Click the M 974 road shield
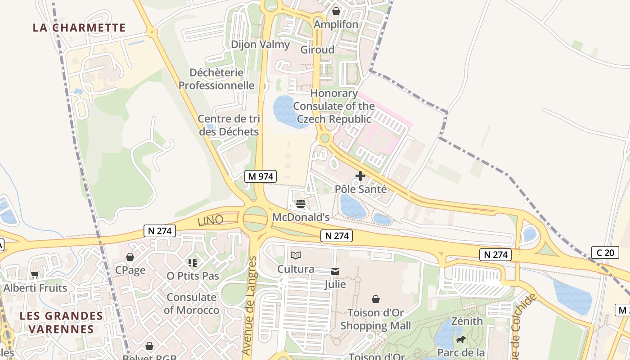260,176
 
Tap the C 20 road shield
605,252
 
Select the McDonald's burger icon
301,204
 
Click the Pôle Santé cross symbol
360,176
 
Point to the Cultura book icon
295,256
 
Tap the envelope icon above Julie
335,271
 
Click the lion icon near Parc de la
460,340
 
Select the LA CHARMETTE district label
79,27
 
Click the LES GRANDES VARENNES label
62,322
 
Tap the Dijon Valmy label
260,45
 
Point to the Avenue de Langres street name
249,305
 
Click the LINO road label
210,220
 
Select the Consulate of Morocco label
191,304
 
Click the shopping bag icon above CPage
130,257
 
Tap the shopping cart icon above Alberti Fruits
35,274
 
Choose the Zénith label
467,321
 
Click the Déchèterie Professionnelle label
216,79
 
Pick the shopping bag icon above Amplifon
336,11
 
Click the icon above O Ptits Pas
193,262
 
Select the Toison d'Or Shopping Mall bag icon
375,299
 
